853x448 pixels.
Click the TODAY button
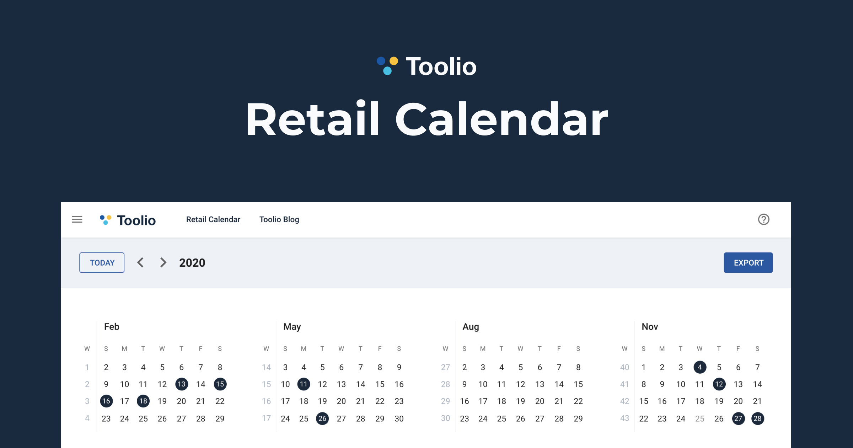point(102,263)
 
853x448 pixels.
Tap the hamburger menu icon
point(77,219)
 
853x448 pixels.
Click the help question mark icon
point(763,219)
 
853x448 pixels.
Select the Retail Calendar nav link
point(213,219)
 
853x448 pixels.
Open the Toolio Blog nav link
point(279,219)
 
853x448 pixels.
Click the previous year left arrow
point(141,263)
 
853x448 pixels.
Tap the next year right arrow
point(163,263)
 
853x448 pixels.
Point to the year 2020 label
point(192,263)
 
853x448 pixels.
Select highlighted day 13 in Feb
point(182,384)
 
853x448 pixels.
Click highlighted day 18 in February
point(143,401)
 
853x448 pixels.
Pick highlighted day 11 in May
point(304,384)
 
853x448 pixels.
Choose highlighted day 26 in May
point(322,418)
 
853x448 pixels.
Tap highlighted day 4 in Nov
point(700,367)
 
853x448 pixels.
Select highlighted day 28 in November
point(757,418)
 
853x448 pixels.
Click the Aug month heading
point(471,326)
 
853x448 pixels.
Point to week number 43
point(624,418)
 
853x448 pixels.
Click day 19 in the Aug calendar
point(520,401)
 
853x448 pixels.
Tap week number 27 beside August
point(445,367)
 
